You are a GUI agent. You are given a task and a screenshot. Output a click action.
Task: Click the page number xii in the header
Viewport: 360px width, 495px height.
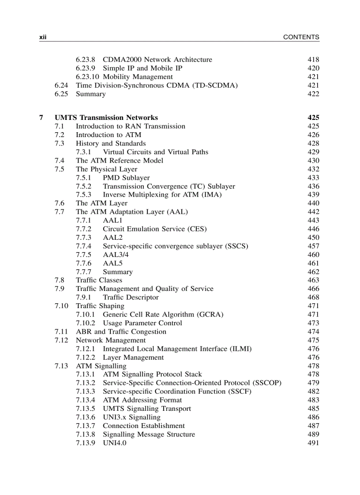click(x=43, y=37)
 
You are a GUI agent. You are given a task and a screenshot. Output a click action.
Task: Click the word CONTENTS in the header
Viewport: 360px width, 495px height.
click(x=301, y=37)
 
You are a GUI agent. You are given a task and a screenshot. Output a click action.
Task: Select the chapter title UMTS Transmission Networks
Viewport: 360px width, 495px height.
click(x=106, y=118)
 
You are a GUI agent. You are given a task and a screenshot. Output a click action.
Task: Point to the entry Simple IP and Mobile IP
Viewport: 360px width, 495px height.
click(x=142, y=68)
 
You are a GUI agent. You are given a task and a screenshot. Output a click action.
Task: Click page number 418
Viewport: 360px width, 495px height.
click(x=313, y=60)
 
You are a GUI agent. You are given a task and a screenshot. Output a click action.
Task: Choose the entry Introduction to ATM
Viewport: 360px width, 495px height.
click(x=109, y=135)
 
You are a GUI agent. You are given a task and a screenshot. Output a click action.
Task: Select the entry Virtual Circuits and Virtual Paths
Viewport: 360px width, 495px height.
click(x=155, y=152)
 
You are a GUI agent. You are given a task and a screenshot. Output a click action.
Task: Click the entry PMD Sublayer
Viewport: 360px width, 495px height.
click(x=126, y=178)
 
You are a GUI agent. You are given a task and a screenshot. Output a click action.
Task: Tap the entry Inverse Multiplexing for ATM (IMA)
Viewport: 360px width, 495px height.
click(x=162, y=195)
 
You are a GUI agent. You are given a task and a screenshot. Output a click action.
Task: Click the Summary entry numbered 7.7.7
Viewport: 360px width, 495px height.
click(x=117, y=272)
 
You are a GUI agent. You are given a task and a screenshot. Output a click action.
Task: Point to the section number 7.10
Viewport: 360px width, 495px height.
click(x=61, y=306)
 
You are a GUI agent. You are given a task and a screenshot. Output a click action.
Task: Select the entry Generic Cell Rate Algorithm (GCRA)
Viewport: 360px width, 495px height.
click(x=163, y=315)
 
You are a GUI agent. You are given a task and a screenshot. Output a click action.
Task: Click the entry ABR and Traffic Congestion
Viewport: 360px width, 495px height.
click(x=121, y=332)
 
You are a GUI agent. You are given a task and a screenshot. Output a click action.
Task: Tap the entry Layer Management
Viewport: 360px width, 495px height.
click(x=133, y=357)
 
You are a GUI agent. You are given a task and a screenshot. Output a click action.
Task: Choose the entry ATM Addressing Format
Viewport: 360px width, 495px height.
click(x=142, y=400)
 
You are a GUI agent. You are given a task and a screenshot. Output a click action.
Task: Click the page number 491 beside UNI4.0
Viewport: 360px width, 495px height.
click(x=313, y=443)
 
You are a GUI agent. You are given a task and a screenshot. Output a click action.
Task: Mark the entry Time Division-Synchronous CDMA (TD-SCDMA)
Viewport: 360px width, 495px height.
click(x=157, y=86)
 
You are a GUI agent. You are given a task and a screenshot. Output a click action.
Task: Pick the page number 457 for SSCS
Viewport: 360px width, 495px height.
click(x=313, y=246)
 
